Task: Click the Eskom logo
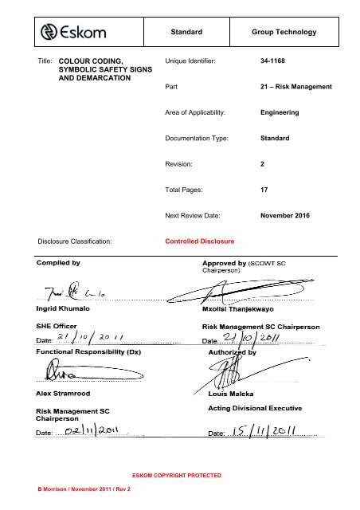point(76,32)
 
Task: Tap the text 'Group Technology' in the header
point(284,33)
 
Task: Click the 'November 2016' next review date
point(292,216)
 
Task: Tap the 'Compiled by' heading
point(58,261)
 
